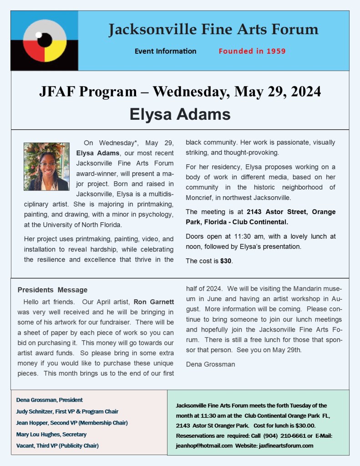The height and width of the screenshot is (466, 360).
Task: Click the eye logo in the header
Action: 45,41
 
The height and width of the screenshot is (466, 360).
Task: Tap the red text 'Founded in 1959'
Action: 252,51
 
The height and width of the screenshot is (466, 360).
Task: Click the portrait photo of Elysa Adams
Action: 46,167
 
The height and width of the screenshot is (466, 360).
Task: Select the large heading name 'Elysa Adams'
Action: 180,114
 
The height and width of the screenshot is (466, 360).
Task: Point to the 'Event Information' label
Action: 165,51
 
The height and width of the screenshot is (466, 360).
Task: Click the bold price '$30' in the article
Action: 226,261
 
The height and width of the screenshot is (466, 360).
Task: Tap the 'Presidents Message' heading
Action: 52,290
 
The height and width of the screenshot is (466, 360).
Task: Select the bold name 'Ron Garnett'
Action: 153,302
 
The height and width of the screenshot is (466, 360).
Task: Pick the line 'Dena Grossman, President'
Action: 50,400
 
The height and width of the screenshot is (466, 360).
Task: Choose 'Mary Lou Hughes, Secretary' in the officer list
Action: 51,434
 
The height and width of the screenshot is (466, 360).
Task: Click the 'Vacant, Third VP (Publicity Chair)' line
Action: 57,446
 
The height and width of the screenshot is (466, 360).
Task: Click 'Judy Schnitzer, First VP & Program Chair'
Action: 67,411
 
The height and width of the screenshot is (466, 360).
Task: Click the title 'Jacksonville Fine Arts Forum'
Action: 213,30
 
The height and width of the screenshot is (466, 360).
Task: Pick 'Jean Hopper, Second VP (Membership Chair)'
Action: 72,423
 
